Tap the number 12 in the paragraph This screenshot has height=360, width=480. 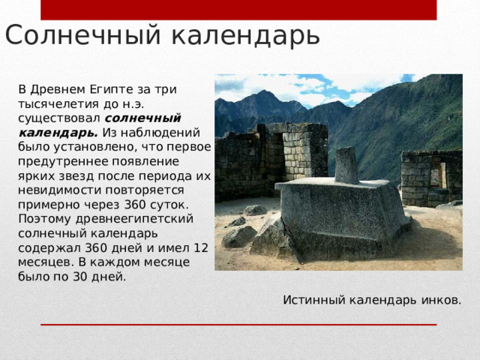point(200,247)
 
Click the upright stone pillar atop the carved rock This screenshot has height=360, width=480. point(346,165)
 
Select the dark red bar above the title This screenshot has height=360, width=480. point(238,9)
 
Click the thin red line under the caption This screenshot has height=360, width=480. point(238,324)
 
